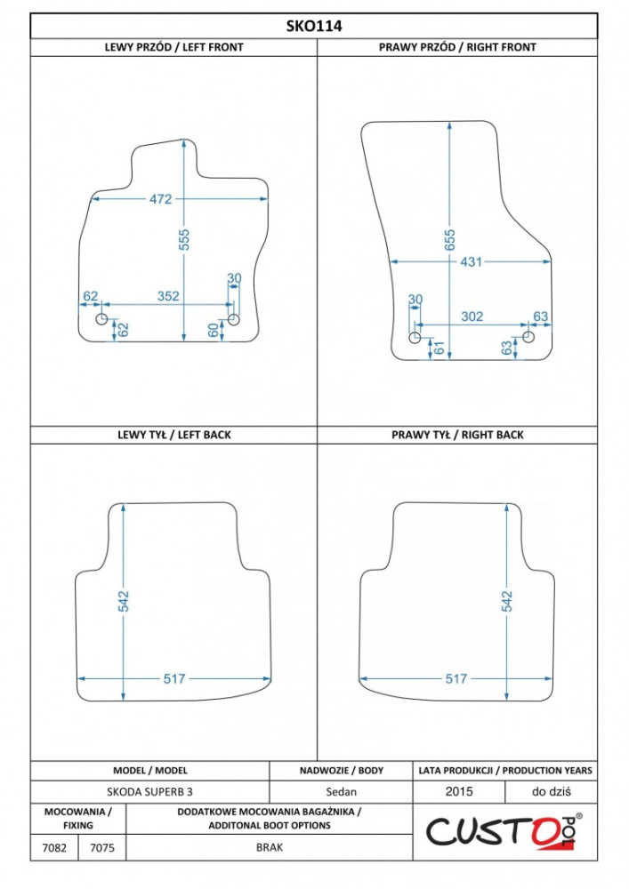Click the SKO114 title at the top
(314, 26)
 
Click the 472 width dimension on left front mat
(160, 199)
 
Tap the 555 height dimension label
(184, 239)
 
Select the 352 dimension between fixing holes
(168, 296)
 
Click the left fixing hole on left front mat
(101, 319)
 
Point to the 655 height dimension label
(449, 239)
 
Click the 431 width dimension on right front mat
(471, 262)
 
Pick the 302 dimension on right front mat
(472, 316)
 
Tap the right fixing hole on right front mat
(528, 337)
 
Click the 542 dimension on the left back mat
(124, 602)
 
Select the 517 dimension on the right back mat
(456, 678)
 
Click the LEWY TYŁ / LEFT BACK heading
(174, 435)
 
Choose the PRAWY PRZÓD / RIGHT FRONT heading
(457, 47)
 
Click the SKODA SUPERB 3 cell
(149, 792)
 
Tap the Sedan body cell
(341, 792)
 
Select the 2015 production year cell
(459, 791)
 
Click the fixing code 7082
(54, 848)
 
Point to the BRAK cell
(270, 847)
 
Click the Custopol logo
(504, 832)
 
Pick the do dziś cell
(552, 791)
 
